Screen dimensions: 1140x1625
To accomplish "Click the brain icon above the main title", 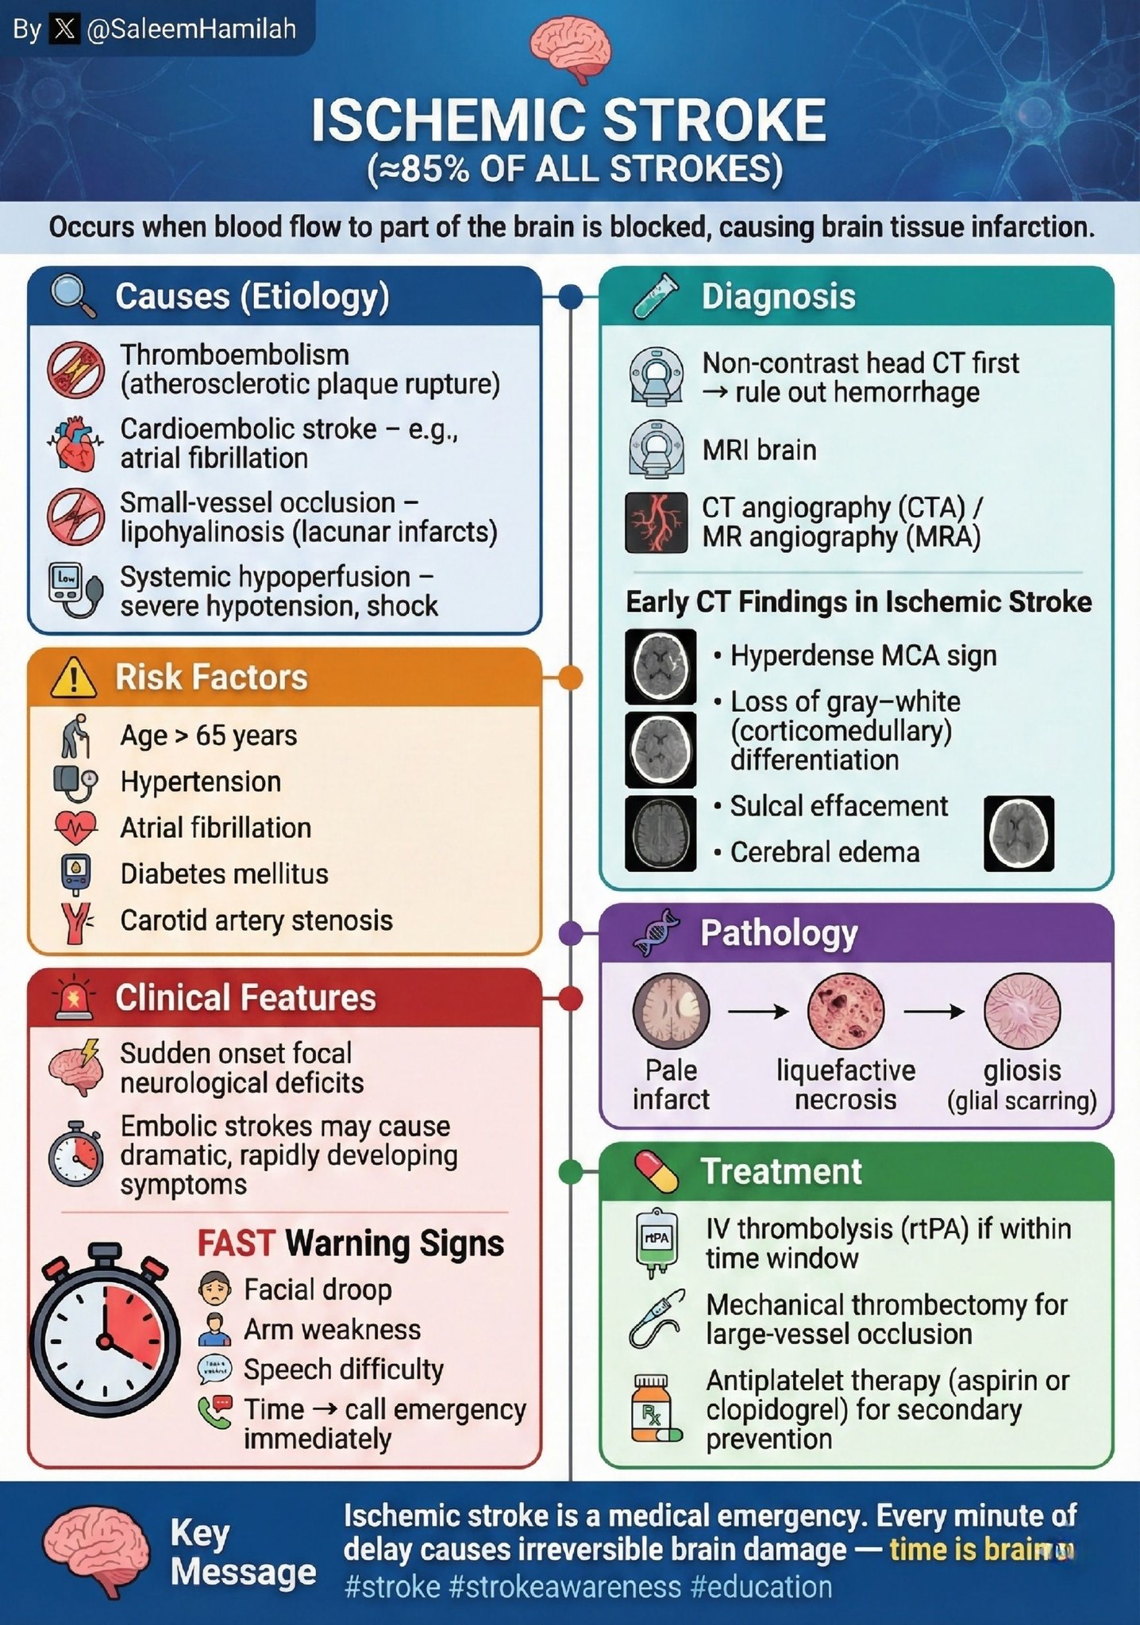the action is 570,50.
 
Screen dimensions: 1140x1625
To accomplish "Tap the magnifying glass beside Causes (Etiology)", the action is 73,296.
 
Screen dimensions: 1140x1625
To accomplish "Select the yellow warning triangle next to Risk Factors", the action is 73,678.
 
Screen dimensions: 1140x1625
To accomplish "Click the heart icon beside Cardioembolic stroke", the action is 74,444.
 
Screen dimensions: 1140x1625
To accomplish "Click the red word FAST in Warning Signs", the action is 236,1243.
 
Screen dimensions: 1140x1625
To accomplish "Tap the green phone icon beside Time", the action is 214,1412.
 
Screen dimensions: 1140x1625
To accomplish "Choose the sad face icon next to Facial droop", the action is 214,1289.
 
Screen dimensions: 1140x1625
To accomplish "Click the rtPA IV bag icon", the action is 657,1243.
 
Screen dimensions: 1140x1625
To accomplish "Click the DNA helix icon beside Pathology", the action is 657,932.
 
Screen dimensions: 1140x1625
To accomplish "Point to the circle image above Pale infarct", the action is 671,1011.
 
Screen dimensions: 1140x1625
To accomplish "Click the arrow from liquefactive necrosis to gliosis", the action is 934,1011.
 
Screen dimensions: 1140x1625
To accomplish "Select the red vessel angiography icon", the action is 656,522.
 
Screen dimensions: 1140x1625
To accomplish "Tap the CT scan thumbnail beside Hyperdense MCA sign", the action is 660,667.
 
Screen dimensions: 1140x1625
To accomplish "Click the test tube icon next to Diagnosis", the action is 657,296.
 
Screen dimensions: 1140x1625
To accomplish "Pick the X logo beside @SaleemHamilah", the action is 64,30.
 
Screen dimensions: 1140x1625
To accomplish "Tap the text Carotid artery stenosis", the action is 256,920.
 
